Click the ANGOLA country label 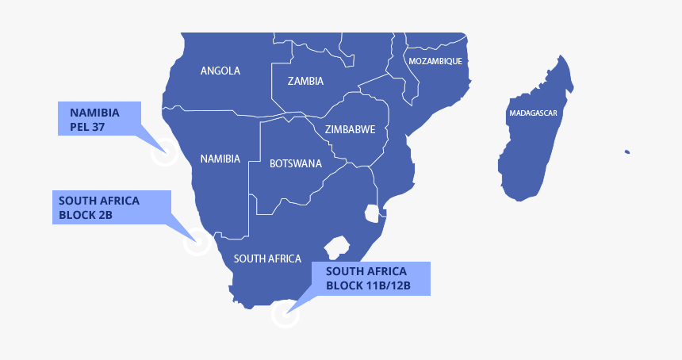pyautogui.click(x=220, y=71)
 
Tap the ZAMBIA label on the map pyautogui.click(x=305, y=81)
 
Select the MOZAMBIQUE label pyautogui.click(x=435, y=61)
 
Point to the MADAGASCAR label pyautogui.click(x=533, y=113)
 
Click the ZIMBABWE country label pyautogui.click(x=350, y=129)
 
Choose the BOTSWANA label pyautogui.click(x=296, y=163)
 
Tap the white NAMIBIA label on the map pyautogui.click(x=220, y=159)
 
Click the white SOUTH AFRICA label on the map pyautogui.click(x=267, y=259)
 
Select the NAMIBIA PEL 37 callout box pyautogui.click(x=99, y=119)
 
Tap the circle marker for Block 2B pyautogui.click(x=197, y=241)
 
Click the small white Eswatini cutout pyautogui.click(x=372, y=213)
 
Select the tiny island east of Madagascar pyautogui.click(x=626, y=151)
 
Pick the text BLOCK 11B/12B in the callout pyautogui.click(x=368, y=285)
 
